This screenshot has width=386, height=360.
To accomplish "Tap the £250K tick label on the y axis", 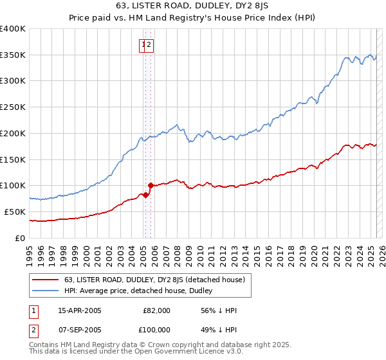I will [x=12, y=107].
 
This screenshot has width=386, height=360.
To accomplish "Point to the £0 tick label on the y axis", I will [x=20, y=238].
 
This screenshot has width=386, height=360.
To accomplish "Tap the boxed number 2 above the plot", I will [x=149, y=45].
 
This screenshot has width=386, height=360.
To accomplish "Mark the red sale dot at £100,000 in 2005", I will [x=150, y=185].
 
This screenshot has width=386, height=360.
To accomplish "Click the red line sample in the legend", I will [x=44, y=280].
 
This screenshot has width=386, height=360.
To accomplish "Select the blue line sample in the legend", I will [x=44, y=291].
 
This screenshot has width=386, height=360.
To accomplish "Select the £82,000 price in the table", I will [x=156, y=310].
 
